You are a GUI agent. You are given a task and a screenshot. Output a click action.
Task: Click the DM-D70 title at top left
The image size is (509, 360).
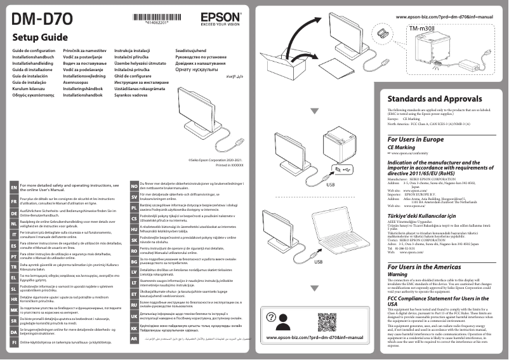[37, 16]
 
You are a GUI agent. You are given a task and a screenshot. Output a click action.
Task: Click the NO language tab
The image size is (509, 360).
[134, 185]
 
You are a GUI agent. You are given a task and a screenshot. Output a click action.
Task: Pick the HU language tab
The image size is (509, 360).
[134, 229]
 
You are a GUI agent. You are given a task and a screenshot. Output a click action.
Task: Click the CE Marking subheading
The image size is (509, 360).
[401, 147]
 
